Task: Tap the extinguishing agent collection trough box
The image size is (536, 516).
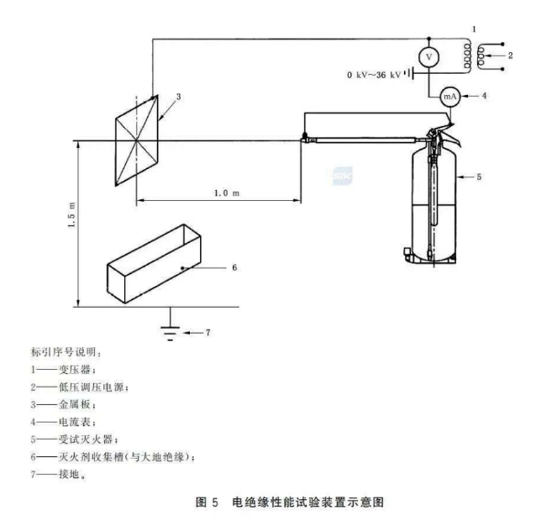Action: (155, 266)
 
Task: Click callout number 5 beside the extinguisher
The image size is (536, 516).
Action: (479, 177)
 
